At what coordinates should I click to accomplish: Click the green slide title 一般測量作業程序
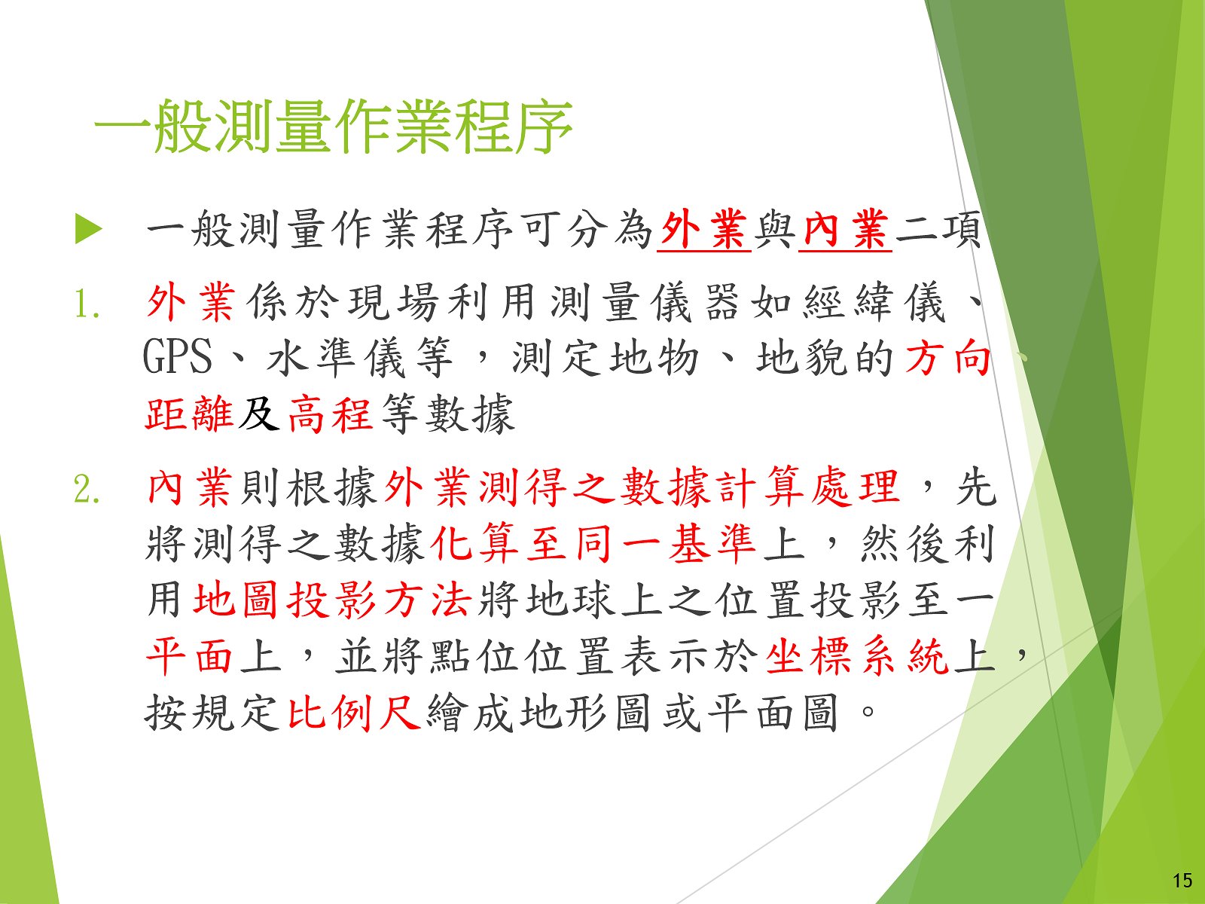[334, 127]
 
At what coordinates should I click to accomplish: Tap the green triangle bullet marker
[88, 230]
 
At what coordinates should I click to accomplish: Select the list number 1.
[87, 304]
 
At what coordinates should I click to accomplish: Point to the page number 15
[1182, 881]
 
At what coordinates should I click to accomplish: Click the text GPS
[177, 357]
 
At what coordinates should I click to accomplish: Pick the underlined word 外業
[703, 230]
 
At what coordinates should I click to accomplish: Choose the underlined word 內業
[846, 230]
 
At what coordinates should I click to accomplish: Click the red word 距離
[190, 414]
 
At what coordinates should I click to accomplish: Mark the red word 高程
[331, 414]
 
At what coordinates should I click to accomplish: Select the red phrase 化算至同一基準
[593, 543]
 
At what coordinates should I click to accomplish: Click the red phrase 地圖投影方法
[333, 600]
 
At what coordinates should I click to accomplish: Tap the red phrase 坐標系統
[858, 655]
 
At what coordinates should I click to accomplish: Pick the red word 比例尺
[355, 713]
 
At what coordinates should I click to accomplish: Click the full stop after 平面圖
[868, 712]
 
